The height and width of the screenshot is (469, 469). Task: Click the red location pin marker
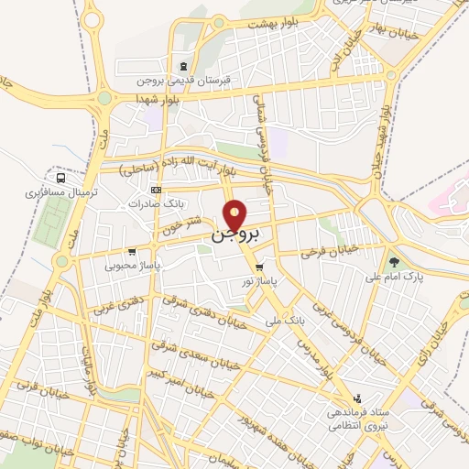(236, 214)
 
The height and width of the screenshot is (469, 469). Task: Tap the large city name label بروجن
(236, 234)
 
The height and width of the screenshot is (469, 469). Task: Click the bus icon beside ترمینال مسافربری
(60, 178)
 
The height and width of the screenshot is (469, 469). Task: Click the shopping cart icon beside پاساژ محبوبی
(133, 251)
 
